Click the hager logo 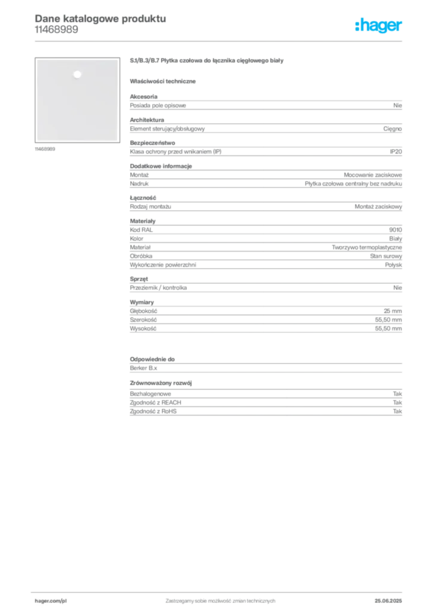378,25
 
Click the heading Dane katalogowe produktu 100,19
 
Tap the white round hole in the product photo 77,74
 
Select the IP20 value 395,151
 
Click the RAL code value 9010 395,230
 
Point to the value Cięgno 392,129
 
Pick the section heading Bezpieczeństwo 153,142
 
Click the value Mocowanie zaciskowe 373,175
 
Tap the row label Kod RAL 141,230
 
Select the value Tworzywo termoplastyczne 367,247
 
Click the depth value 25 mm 392,311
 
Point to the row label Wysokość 143,329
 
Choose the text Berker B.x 144,368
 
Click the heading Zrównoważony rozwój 161,383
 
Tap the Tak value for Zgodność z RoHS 397,411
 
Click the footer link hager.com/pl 51,601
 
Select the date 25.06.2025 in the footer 388,601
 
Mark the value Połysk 393,265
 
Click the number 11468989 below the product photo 45,149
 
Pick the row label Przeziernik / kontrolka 158,287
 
